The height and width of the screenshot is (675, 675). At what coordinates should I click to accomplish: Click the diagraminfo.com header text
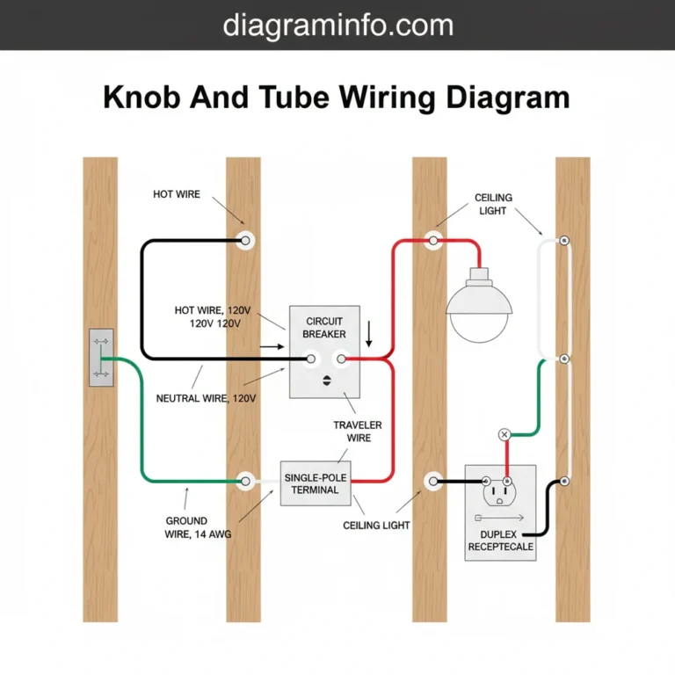pos(337,24)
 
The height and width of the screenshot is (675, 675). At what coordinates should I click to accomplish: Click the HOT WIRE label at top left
pos(177,194)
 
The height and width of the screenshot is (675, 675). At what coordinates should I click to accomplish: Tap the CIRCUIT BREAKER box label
pos(324,328)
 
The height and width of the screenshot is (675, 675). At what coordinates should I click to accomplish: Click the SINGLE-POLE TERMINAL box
pos(315,483)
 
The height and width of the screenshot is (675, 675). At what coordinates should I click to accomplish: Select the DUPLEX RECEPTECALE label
pos(500,541)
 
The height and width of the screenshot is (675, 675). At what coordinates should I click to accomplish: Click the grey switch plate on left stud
pos(101,358)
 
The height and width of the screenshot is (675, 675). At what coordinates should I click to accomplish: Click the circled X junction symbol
pos(504,434)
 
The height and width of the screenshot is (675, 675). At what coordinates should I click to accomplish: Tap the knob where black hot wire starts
pos(246,240)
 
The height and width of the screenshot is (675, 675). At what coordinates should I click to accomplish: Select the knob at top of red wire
pos(432,239)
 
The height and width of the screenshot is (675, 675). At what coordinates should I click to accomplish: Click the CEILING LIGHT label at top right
pos(494,204)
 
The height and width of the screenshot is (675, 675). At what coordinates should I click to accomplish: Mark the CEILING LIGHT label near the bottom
pos(376,525)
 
